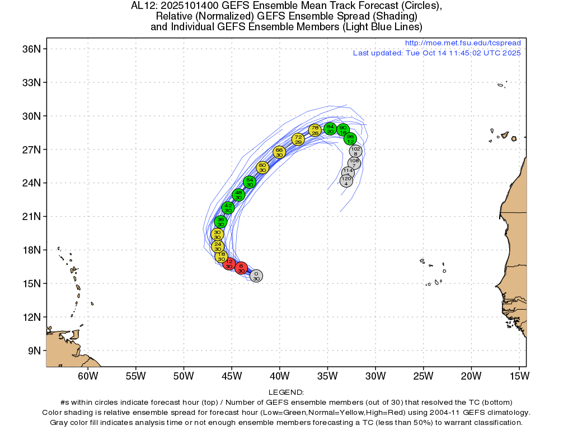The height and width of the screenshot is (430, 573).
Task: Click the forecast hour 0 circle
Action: [256, 276]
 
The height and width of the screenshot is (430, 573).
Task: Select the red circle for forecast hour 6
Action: [241, 268]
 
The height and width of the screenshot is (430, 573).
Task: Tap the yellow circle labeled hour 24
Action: [218, 246]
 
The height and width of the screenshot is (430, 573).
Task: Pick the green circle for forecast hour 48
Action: [239, 195]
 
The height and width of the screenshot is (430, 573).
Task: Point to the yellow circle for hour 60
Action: [262, 167]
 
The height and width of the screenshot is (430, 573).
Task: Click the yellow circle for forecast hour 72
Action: [298, 139]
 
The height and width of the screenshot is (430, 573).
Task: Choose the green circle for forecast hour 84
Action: [331, 129]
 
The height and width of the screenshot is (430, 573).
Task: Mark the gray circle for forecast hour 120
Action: [346, 181]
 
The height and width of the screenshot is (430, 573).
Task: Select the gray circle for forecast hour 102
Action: [355, 151]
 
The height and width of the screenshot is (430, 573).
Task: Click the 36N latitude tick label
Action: [30, 49]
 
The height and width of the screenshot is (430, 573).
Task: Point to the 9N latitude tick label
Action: [33, 351]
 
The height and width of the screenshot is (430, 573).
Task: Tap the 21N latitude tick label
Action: [30, 217]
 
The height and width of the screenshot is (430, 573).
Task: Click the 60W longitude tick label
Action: [88, 376]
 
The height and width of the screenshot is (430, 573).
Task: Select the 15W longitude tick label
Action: [520, 376]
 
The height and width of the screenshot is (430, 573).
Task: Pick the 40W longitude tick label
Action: [280, 376]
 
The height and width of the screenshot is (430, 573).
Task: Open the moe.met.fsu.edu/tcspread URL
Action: [462, 43]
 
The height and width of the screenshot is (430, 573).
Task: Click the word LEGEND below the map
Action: [286, 392]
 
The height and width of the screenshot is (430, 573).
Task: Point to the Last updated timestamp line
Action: [436, 53]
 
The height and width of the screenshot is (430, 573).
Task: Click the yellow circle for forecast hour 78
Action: [315, 130]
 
